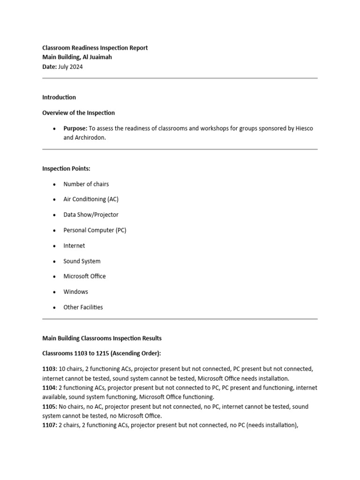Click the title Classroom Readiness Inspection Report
(x=95, y=48)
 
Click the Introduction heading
(x=59, y=97)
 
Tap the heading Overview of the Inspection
(x=78, y=113)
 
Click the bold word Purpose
(x=75, y=128)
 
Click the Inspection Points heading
(x=66, y=169)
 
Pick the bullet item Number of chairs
(x=86, y=184)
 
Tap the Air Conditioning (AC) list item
(x=91, y=199)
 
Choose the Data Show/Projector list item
(x=91, y=215)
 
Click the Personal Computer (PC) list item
(x=95, y=230)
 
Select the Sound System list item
(x=82, y=261)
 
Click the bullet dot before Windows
(x=55, y=292)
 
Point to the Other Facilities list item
(x=83, y=307)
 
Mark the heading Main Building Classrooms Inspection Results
(x=102, y=338)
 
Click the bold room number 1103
(x=49, y=369)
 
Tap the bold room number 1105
(x=49, y=407)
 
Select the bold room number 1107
(x=49, y=425)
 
